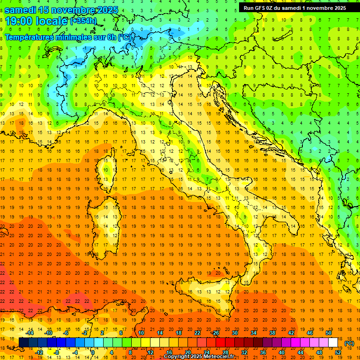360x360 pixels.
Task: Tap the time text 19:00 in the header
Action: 19,21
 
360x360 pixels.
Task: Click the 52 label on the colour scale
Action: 338,352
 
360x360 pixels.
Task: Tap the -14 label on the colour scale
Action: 31,333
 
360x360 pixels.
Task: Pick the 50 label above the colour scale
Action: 329,333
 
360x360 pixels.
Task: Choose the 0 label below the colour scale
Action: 92,352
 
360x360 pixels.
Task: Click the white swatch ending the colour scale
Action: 333,343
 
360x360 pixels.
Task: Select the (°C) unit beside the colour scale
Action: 349,343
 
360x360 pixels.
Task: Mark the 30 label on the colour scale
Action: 234,333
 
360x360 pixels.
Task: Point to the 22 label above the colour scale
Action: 197,333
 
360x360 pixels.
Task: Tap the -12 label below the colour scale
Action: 40,352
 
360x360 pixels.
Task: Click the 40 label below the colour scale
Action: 281,352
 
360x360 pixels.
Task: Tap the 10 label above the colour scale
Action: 141,333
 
